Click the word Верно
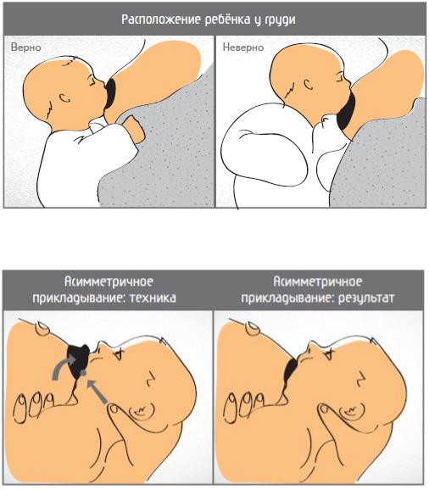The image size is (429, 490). pyautogui.click(x=26, y=47)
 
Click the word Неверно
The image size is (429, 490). pyautogui.click(x=243, y=47)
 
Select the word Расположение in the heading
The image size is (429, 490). pyautogui.click(x=161, y=19)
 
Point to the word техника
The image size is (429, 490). pyautogui.click(x=153, y=298)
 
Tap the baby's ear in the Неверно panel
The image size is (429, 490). pyautogui.click(x=309, y=85)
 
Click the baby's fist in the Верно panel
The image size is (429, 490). pyautogui.click(x=133, y=129)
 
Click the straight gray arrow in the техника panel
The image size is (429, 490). pyautogui.click(x=97, y=391)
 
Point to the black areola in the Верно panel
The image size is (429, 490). pyautogui.click(x=110, y=93)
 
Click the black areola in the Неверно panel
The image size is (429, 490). pyautogui.click(x=346, y=113)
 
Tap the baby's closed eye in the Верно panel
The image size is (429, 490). pyautogui.click(x=91, y=82)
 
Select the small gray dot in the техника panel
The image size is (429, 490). pyautogui.click(x=83, y=372)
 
